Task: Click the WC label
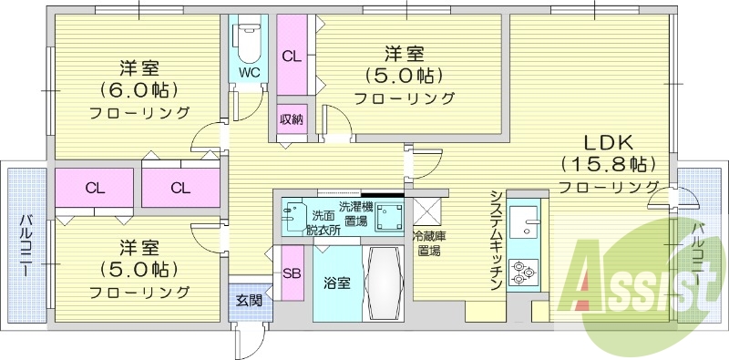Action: (248, 72)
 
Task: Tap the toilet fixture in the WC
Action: (248, 41)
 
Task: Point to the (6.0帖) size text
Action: (139, 90)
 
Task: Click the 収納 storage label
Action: (291, 120)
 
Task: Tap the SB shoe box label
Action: (292, 273)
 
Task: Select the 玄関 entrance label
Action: (249, 299)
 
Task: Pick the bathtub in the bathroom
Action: (383, 283)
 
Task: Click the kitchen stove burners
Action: (524, 272)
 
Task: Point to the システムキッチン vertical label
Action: (496, 242)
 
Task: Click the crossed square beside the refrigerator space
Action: (427, 211)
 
